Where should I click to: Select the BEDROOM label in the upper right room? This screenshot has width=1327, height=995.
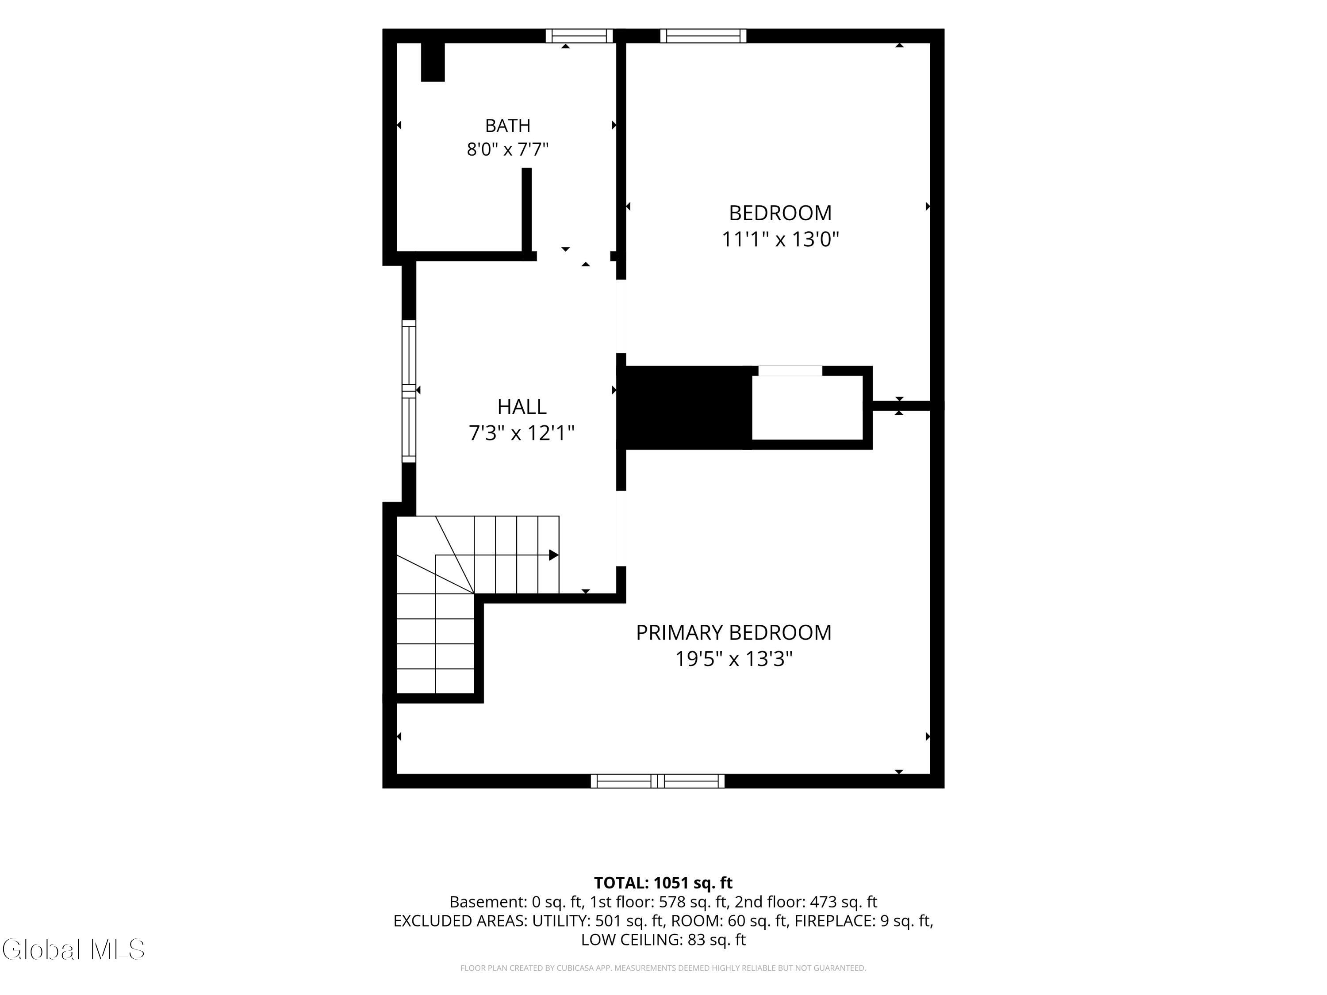pyautogui.click(x=780, y=213)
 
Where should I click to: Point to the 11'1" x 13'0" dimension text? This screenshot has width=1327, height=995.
pyautogui.click(x=780, y=239)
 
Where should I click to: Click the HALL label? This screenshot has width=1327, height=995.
pyautogui.click(x=522, y=407)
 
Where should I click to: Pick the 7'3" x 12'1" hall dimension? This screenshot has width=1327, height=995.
pyautogui.click(x=522, y=432)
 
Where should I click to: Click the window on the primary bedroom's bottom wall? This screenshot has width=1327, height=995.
pyautogui.click(x=657, y=781)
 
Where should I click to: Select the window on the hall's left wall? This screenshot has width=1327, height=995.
pyautogui.click(x=409, y=391)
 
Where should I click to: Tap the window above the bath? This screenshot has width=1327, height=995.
pyautogui.click(x=579, y=36)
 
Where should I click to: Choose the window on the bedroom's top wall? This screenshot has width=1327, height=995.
pyautogui.click(x=703, y=36)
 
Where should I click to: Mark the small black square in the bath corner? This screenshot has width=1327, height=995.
pyautogui.click(x=433, y=62)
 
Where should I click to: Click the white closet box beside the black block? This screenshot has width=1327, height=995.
pyautogui.click(x=807, y=408)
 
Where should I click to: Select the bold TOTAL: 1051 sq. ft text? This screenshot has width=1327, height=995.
pyautogui.click(x=663, y=883)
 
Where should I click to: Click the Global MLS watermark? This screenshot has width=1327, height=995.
pyautogui.click(x=73, y=949)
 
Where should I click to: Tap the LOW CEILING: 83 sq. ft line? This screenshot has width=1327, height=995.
pyautogui.click(x=663, y=939)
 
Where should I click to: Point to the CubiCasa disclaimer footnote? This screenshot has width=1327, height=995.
pyautogui.click(x=663, y=968)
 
